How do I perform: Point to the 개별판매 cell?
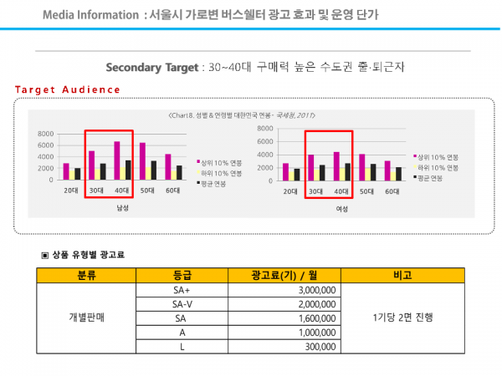87,318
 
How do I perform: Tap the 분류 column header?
87,274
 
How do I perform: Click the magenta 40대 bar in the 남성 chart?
116,160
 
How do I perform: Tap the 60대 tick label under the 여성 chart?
391,192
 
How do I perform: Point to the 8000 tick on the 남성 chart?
46,134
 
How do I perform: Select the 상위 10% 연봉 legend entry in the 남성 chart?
220,162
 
